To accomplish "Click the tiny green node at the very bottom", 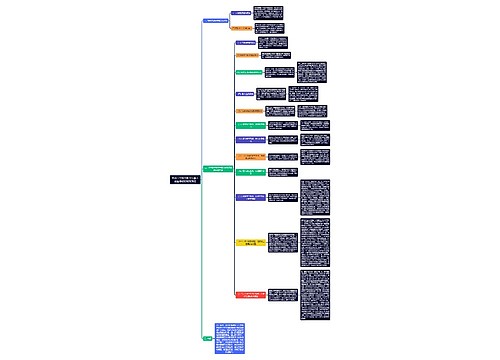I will click(206, 339).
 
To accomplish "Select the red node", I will click(253, 295).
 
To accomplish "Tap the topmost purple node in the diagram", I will click(242, 14).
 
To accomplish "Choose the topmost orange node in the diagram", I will click(245, 29).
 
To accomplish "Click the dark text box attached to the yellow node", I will click(284, 242).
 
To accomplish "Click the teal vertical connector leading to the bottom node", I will click(201, 260).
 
